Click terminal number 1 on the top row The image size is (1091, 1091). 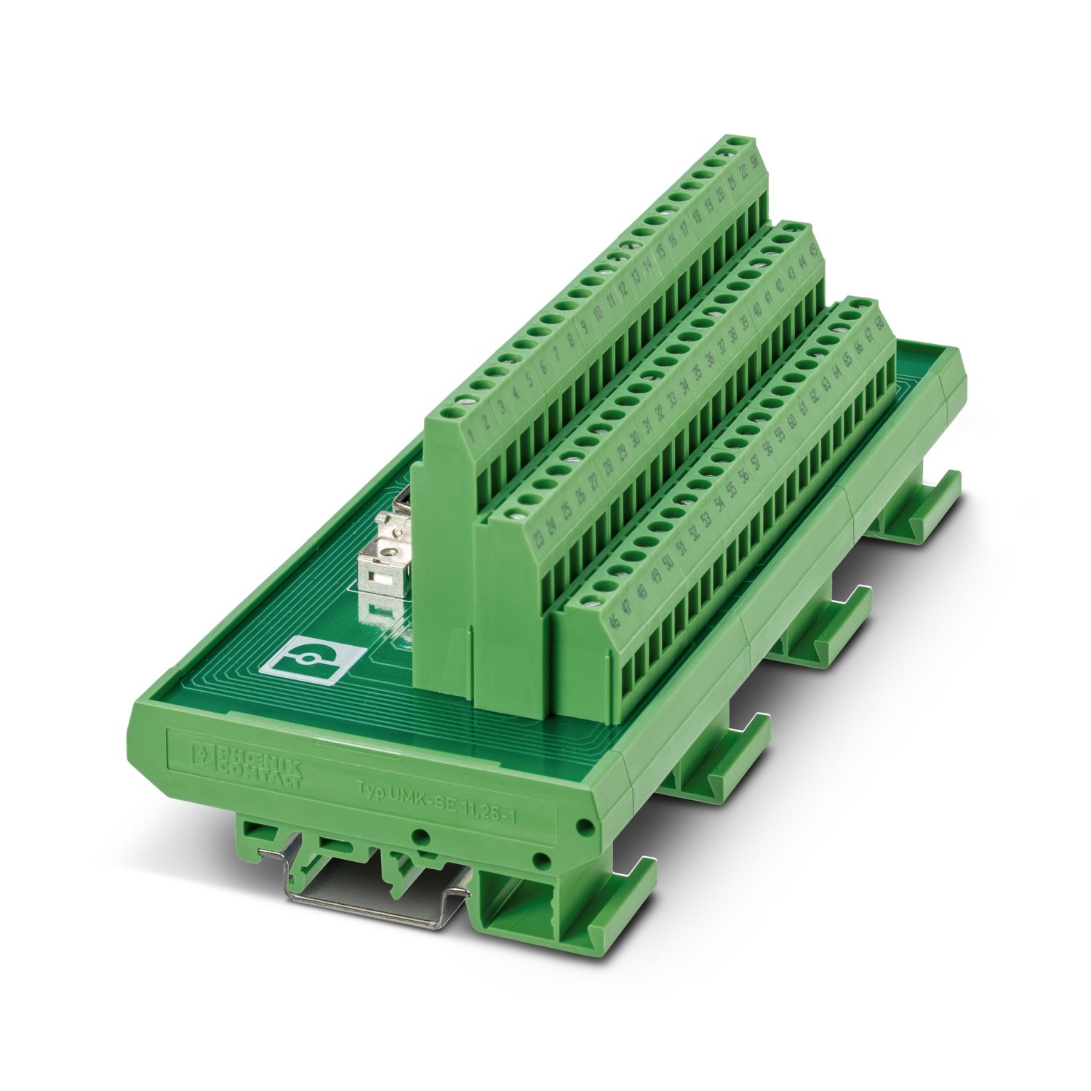click(473, 438)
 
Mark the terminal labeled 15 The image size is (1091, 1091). click(660, 252)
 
